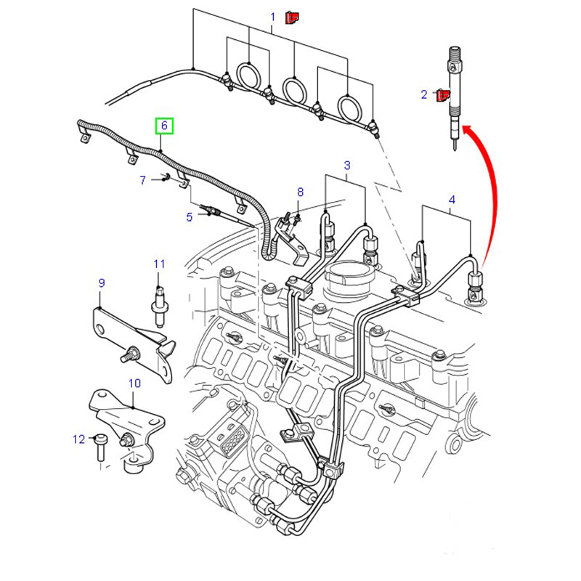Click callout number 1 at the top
[x=273, y=16]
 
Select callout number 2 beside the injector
[x=424, y=94]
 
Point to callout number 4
[x=452, y=199]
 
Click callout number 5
[x=189, y=216]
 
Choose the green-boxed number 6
[x=164, y=126]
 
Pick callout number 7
[x=143, y=180]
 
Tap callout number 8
[x=299, y=192]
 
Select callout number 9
[x=102, y=282]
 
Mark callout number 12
[x=78, y=439]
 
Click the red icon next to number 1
[x=292, y=16]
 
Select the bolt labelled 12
[x=100, y=448]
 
